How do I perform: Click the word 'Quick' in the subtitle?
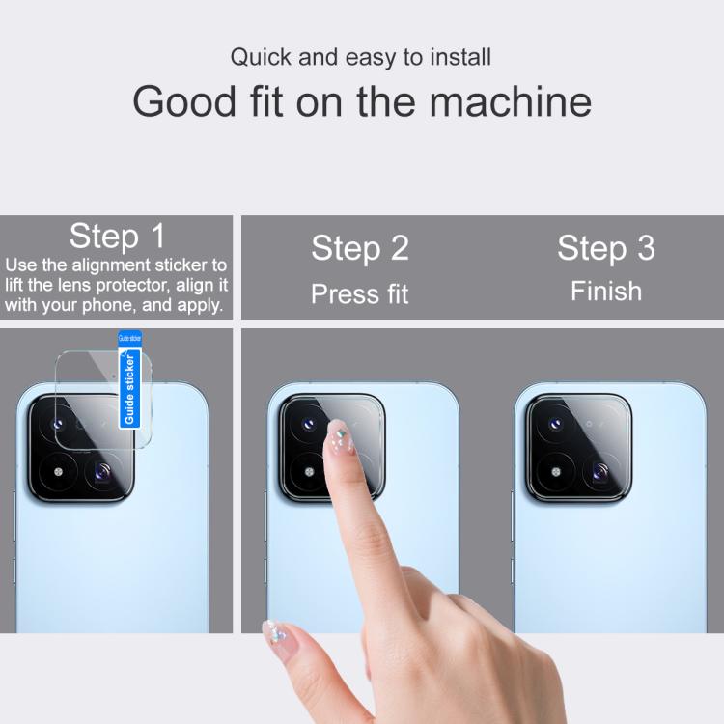261,58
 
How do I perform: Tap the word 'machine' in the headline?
511,101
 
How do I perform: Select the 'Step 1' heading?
117,236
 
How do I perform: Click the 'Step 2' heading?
360,248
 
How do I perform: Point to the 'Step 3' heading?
606,248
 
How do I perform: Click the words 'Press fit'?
360,293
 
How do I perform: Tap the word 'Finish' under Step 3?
606,292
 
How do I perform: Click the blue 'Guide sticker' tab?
129,379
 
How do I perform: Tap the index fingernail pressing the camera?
341,435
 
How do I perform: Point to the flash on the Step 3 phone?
556,472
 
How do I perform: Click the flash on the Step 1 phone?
58,472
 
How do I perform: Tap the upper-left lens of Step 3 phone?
556,424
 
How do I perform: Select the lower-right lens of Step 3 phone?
600,472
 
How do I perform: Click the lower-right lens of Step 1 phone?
103,472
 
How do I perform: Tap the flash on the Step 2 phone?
309,472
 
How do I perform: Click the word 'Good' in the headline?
184,101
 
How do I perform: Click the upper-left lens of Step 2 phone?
309,424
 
